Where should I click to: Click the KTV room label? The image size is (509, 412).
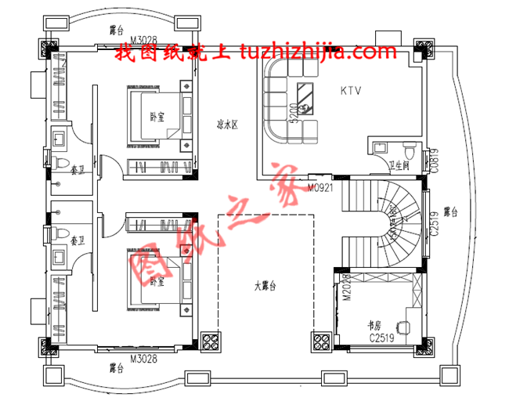coord(351,91)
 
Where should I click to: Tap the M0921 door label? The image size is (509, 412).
coord(321,188)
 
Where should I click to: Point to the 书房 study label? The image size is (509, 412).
coord(375,323)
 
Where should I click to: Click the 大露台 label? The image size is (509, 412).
coord(266,287)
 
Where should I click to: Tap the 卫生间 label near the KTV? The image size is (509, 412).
coord(401,167)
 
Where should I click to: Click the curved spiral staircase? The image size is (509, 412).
coord(384,223)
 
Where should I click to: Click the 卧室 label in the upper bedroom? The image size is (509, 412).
coord(157,117)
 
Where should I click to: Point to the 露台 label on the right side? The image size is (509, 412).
coord(449,211)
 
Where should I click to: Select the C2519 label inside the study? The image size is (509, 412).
coord(381,338)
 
